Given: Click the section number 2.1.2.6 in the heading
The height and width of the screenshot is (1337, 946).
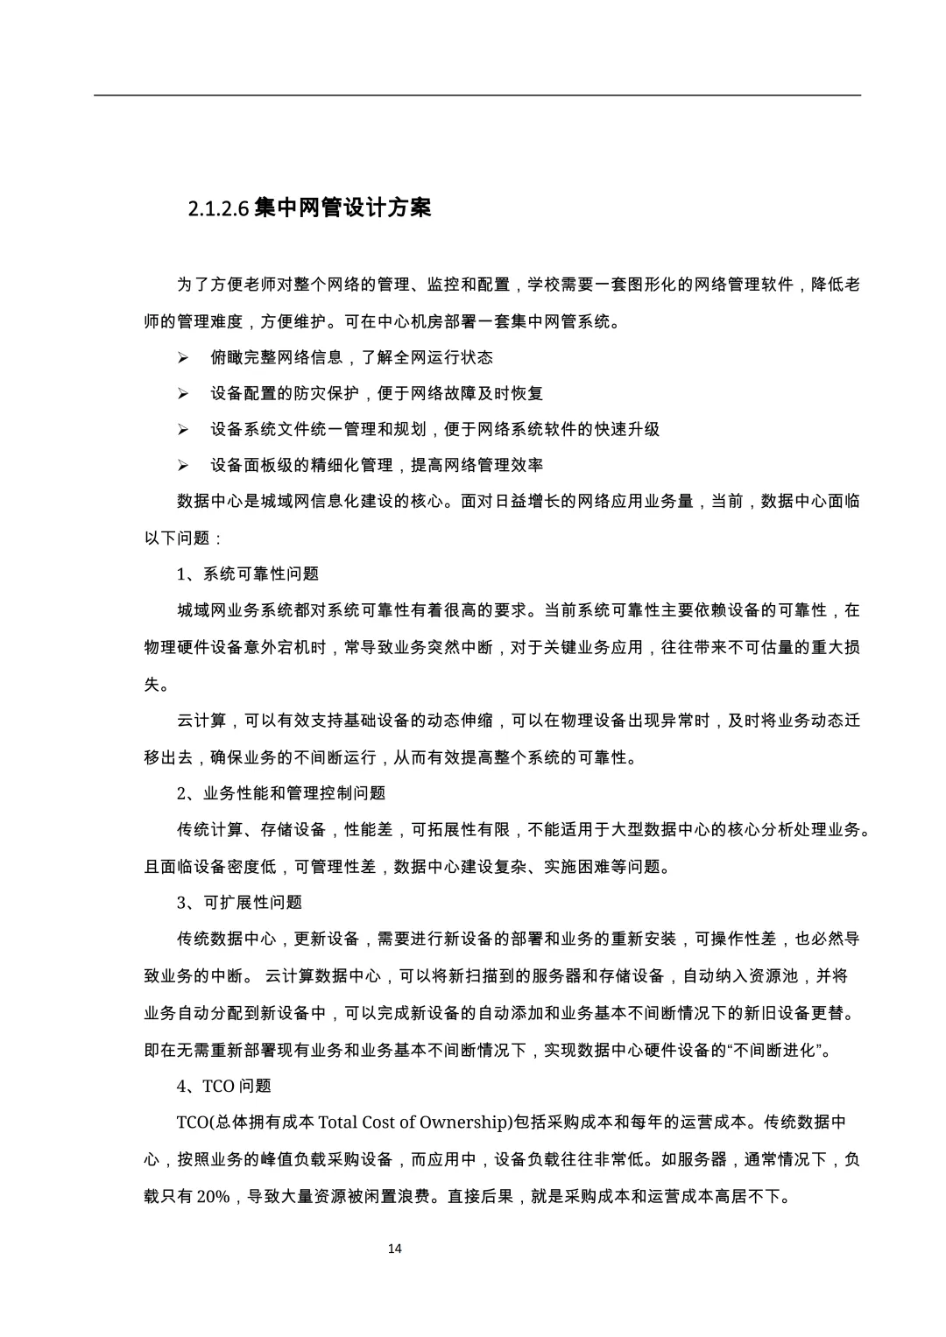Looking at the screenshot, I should (219, 209).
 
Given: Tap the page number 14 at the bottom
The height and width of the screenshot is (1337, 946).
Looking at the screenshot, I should (394, 1248).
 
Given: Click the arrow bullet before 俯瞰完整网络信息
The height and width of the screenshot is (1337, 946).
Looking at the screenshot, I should (183, 358).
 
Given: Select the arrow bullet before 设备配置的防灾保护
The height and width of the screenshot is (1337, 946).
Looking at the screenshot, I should (183, 394).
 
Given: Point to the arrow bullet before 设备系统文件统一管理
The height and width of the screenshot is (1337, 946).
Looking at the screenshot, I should (183, 430).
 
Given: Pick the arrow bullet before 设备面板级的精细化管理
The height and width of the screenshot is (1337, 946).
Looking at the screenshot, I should (183, 466).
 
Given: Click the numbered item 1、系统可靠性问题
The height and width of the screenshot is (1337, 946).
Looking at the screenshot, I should (248, 574).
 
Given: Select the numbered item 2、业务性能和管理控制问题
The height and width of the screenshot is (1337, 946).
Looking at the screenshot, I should (281, 793).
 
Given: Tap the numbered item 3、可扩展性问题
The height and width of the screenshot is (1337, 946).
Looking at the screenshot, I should (239, 903).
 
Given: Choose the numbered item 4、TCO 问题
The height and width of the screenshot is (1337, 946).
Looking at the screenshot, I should (224, 1087).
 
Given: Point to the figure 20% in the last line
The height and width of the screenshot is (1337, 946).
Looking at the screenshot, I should (212, 1196).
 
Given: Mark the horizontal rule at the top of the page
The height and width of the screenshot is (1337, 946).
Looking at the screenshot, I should (477, 95).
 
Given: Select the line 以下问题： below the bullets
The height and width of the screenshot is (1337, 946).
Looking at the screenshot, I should (183, 538).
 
